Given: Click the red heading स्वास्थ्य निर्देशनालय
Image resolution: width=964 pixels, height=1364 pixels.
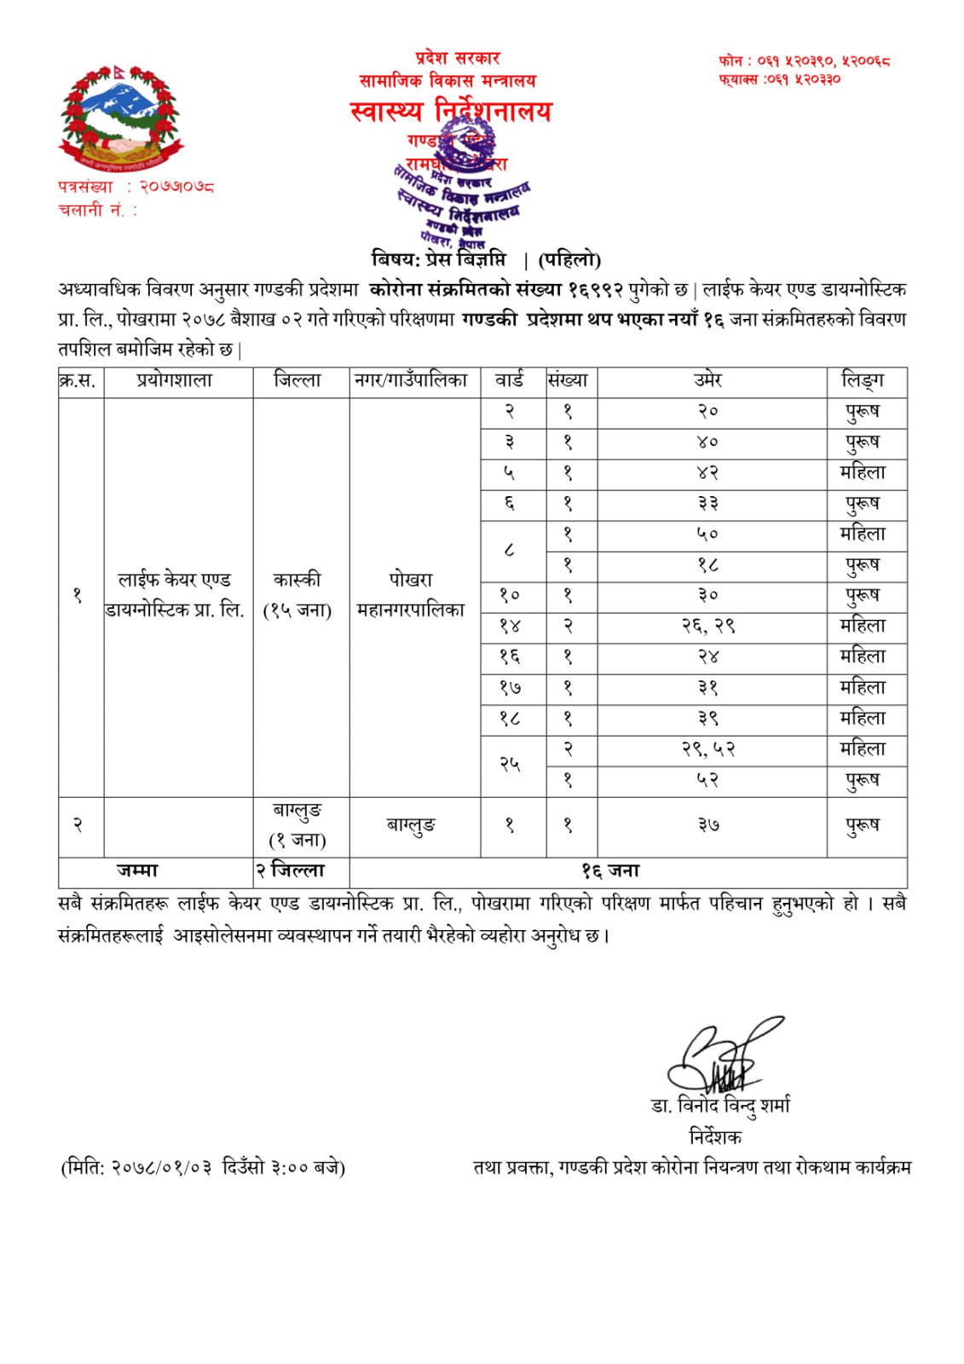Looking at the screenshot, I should click(451, 111).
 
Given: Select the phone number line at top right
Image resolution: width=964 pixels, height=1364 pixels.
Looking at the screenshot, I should click(804, 61).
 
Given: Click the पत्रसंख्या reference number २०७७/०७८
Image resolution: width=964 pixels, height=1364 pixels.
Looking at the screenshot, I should click(176, 186).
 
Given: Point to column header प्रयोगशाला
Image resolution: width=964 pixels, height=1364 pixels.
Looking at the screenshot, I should click(175, 380).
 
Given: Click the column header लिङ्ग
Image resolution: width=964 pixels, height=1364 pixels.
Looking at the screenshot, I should click(863, 380).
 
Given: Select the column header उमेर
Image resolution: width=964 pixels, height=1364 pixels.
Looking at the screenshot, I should click(708, 380).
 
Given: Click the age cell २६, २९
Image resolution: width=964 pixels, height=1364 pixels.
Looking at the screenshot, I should click(708, 627).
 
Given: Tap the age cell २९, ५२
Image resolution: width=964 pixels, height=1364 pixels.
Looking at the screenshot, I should click(708, 749).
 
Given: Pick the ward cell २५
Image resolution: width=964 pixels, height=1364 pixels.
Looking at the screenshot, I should click(510, 765).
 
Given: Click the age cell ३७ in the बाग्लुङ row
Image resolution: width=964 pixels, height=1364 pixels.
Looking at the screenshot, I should click(708, 825).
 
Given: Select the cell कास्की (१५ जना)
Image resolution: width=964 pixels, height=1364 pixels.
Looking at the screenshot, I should click(297, 595).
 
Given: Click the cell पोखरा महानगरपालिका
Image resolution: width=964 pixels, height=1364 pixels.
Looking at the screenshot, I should click(411, 595).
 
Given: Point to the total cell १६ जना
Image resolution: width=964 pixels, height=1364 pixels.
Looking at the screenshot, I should click(610, 870).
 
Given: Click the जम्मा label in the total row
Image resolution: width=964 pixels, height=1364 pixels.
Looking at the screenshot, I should click(137, 870).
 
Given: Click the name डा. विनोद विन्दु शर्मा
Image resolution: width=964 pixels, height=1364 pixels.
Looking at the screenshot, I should click(721, 1106).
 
